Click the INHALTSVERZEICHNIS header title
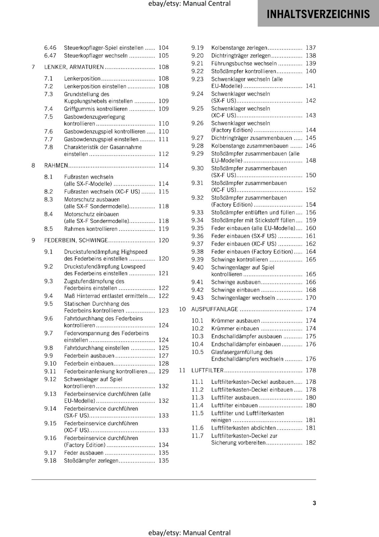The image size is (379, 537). coord(318,14)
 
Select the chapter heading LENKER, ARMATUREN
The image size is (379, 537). coord(74,67)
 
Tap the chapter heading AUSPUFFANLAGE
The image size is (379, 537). coord(214,309)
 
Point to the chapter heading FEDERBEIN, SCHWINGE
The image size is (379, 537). coord(76,240)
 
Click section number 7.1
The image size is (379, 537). coord(48,79)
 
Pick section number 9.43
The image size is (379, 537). coord(197,298)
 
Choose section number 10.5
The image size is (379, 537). coord(197,352)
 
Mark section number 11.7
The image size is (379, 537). coord(197,436)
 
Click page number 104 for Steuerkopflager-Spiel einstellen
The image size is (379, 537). coord(164,48)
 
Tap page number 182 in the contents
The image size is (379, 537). coord(311,443)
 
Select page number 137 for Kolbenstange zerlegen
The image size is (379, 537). coord(311,48)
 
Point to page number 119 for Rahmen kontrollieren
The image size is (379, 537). coord(164,229)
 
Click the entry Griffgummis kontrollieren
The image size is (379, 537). coord(96,109)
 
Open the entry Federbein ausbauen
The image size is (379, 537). coord(89,356)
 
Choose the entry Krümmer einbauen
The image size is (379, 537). coord(235,329)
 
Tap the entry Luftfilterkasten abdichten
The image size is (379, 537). coord(243,428)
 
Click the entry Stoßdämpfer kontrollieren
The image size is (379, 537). coord(243,71)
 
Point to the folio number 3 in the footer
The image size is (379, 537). coord(314,503)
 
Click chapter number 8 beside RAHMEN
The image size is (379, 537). coord(33,165)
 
